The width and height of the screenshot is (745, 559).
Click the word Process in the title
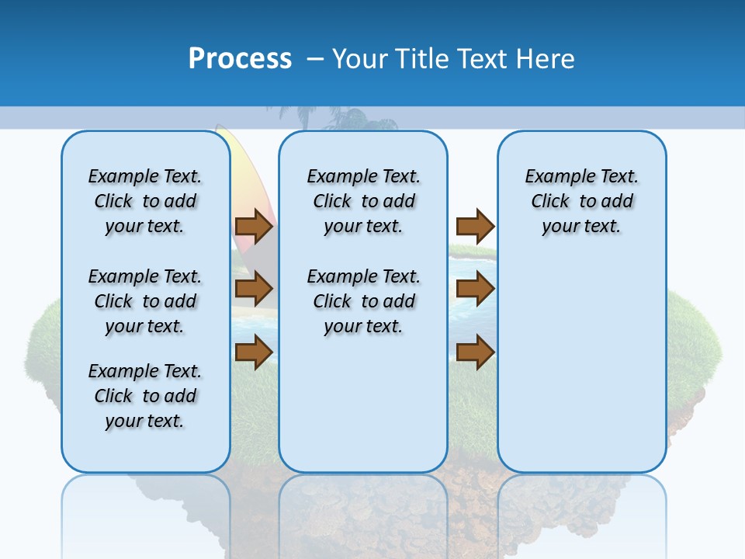[240, 59]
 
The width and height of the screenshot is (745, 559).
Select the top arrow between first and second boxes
[254, 227]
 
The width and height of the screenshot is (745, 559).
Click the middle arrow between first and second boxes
[254, 290]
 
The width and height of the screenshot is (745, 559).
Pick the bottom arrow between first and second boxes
[254, 352]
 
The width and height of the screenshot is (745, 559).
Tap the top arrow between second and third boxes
[475, 227]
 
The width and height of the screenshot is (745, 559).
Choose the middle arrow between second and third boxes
[475, 290]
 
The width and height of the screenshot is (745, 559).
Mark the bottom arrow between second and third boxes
[475, 352]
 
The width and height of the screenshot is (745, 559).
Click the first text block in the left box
[145, 201]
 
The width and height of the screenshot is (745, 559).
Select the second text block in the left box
[145, 301]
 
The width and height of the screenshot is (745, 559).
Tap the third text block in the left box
[145, 396]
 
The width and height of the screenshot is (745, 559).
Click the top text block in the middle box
[363, 201]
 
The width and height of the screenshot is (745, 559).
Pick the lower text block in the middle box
[363, 301]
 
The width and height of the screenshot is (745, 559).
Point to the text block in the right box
[581, 201]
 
